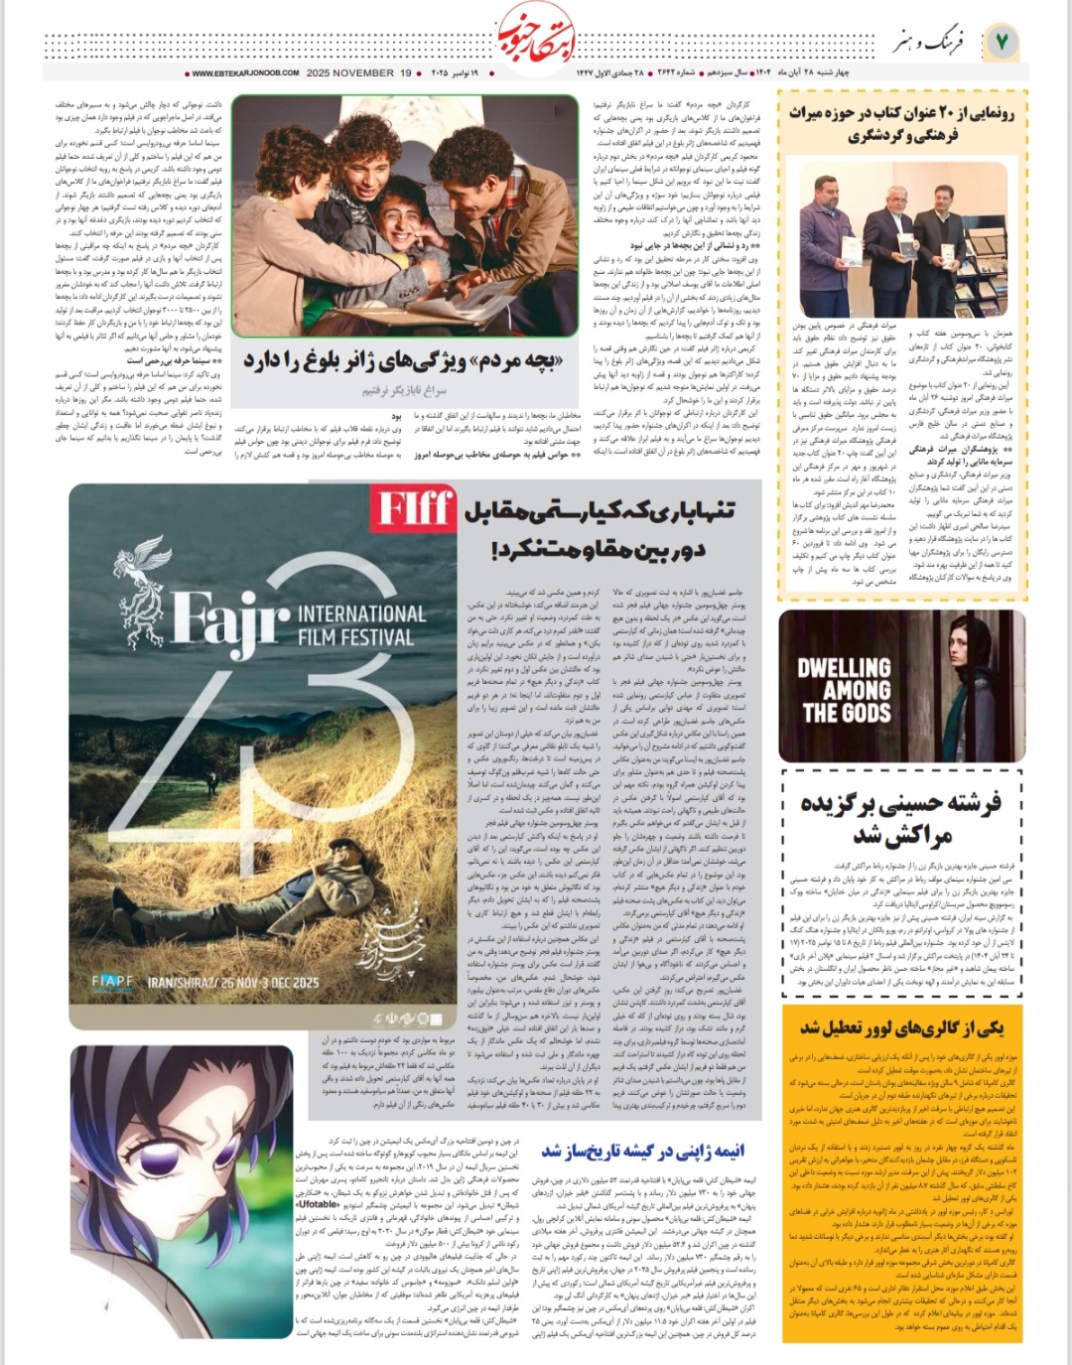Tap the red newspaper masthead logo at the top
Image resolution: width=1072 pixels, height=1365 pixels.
(x=535, y=36)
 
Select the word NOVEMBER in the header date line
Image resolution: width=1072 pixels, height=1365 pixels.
(x=363, y=73)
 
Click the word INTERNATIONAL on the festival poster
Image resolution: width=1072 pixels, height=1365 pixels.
(x=361, y=614)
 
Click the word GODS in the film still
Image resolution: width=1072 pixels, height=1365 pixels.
(x=847, y=713)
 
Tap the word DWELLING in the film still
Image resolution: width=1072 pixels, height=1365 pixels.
(x=844, y=668)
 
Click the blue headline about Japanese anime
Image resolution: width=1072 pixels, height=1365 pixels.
(x=642, y=1152)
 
